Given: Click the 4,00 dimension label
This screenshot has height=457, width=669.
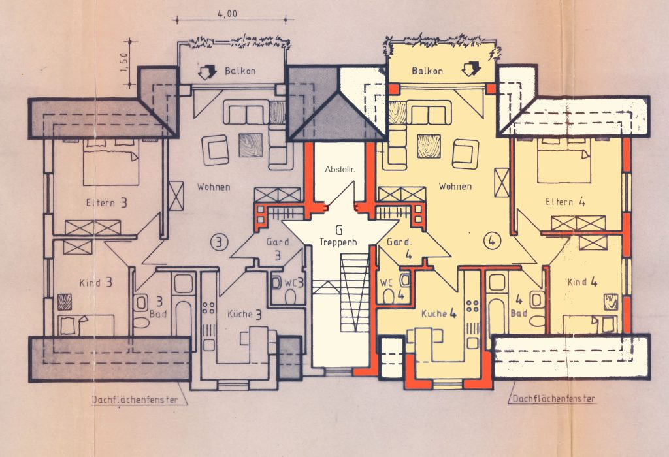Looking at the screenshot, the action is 227,14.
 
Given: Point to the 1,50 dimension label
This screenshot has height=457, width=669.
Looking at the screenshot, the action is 123,63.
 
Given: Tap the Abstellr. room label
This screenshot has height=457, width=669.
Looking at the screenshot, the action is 340,169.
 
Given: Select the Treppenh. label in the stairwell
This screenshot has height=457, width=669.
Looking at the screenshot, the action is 340,242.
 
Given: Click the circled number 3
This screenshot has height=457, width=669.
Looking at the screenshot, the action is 220,242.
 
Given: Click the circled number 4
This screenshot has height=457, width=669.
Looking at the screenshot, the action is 491,241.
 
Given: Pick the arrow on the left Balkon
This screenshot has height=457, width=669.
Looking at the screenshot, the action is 207,72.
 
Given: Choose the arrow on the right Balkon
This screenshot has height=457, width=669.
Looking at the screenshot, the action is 472,68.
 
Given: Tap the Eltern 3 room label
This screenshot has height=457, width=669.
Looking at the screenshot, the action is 106,202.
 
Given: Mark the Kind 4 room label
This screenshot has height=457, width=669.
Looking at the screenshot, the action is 582,282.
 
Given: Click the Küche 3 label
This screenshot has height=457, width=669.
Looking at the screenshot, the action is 244,315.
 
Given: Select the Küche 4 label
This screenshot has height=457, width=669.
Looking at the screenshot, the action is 439,314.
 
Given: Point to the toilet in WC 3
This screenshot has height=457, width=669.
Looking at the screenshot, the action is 291,296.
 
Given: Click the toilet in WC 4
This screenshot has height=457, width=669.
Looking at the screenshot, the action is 388,296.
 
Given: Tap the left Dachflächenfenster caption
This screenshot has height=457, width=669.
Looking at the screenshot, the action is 135,400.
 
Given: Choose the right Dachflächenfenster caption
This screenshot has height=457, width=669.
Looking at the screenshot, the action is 553,399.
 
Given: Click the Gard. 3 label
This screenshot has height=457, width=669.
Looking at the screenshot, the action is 278,249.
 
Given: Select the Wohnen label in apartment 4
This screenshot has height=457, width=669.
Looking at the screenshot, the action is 455,186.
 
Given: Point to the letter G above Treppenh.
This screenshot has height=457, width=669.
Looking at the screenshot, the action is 339,230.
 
